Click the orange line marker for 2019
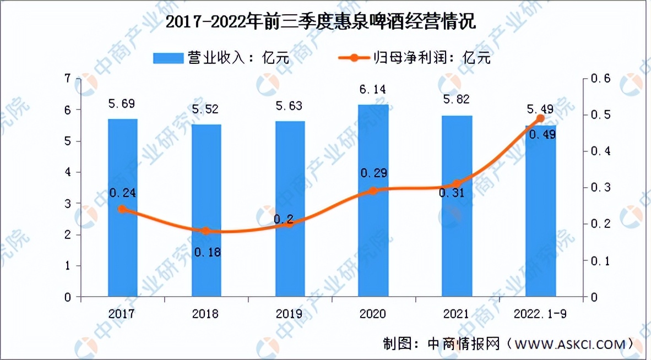point(290,223)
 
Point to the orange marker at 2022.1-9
point(540,118)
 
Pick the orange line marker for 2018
point(206,231)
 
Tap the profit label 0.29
point(373,173)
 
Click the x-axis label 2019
point(290,314)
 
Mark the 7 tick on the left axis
point(68,79)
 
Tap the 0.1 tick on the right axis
point(600,260)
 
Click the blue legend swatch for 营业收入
point(168,57)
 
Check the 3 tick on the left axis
point(68,204)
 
